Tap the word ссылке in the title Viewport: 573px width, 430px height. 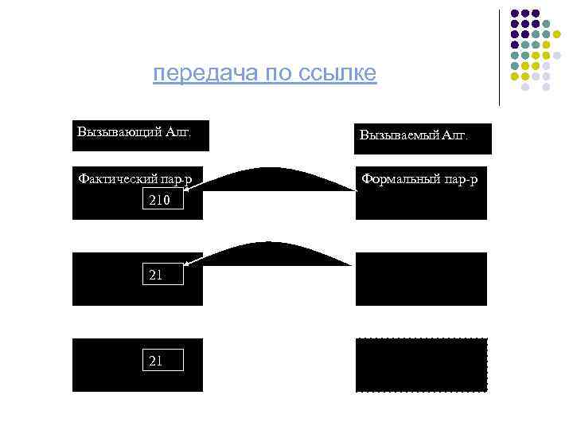pos(337,74)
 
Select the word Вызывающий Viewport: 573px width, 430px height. pos(112,131)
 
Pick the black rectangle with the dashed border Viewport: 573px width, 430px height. pos(420,365)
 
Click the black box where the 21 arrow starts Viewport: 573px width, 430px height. pos(420,279)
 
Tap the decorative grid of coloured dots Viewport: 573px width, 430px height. pos(535,49)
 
